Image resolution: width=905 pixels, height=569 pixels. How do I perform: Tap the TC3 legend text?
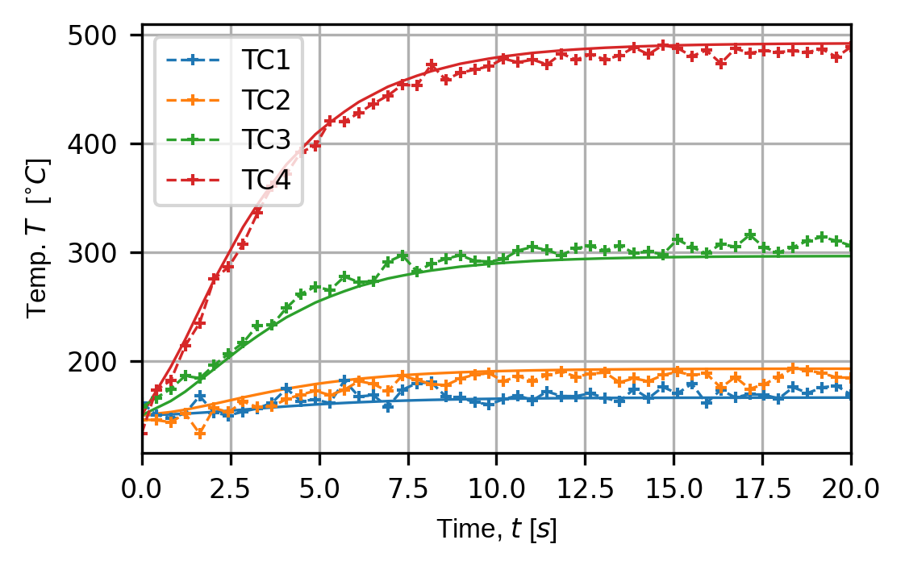tap(265, 142)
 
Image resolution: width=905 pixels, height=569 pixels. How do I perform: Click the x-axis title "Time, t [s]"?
tap(496, 530)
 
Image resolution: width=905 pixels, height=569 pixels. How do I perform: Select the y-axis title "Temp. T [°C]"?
tap(39, 239)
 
